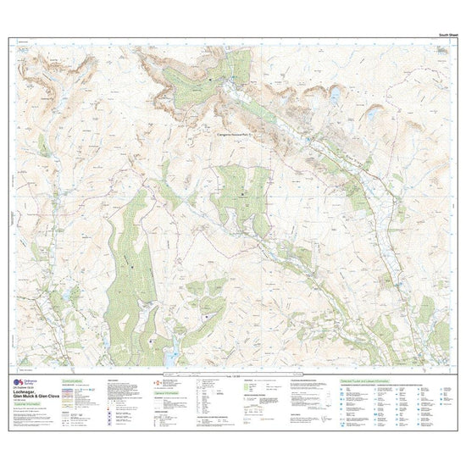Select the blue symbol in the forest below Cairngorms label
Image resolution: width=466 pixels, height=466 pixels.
243,195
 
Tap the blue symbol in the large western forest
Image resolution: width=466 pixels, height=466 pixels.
135,271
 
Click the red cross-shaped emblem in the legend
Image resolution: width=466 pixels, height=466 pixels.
143,383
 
